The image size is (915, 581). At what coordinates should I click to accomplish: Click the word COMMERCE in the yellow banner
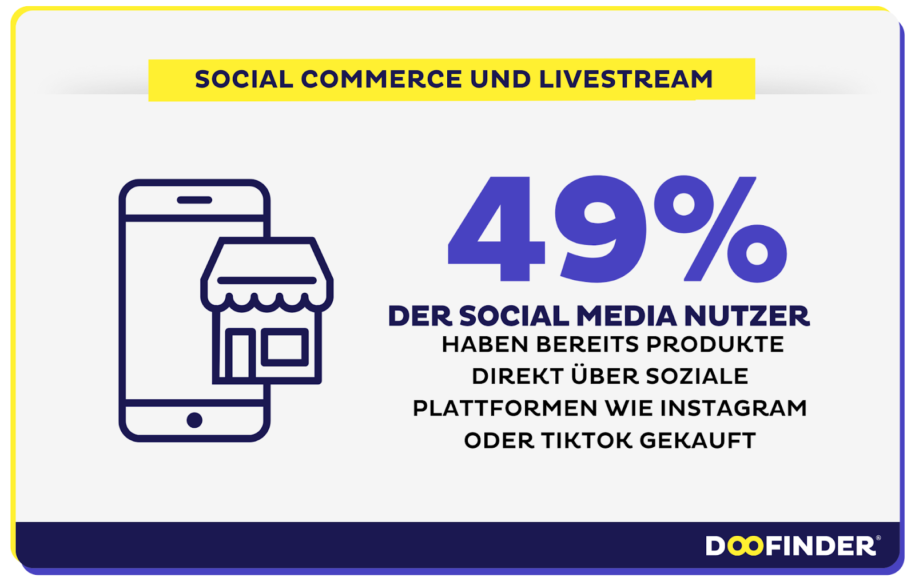coord(381,79)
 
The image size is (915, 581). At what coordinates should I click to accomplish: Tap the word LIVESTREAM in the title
coord(626,79)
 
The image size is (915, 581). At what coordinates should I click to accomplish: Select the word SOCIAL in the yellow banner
coord(244,79)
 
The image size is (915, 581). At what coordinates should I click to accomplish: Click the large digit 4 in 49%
coord(496,229)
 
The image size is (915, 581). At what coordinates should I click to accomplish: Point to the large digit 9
coord(600,229)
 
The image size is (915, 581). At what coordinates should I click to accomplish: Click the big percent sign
coord(721,229)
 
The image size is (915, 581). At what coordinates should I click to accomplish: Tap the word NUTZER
coord(747,316)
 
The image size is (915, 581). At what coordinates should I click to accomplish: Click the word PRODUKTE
coord(715,344)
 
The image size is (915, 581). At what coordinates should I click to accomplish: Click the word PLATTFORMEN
coord(505,408)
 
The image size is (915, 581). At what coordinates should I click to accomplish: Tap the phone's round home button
coord(194,420)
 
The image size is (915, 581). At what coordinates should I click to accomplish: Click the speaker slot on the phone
coord(194,200)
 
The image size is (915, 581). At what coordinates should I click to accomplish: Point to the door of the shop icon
coord(241,354)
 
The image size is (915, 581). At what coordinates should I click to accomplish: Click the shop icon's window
coord(285,347)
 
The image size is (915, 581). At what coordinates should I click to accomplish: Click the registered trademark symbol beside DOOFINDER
coord(878,538)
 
